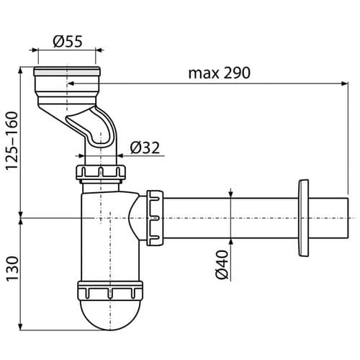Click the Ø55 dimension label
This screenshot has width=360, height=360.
68,41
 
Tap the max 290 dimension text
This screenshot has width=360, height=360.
220,73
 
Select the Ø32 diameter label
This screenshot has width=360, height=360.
145,148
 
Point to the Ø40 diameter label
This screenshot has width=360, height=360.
222,264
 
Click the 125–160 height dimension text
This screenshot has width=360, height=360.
12,141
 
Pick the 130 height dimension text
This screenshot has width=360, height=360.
12,269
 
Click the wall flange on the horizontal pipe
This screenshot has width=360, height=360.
303,218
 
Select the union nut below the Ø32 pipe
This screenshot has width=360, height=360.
101,172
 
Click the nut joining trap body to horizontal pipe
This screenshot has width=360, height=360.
155,218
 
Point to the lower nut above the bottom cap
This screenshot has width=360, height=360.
110,290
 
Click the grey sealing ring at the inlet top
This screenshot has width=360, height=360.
67,72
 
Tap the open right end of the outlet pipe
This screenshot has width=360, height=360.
347,218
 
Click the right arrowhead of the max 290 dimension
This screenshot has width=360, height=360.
345,84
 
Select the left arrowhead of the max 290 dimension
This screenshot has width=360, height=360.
71,84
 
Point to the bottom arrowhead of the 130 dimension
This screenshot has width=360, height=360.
21,327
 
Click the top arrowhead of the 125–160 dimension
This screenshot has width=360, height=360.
21,71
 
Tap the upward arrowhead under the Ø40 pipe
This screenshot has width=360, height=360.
230,243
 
